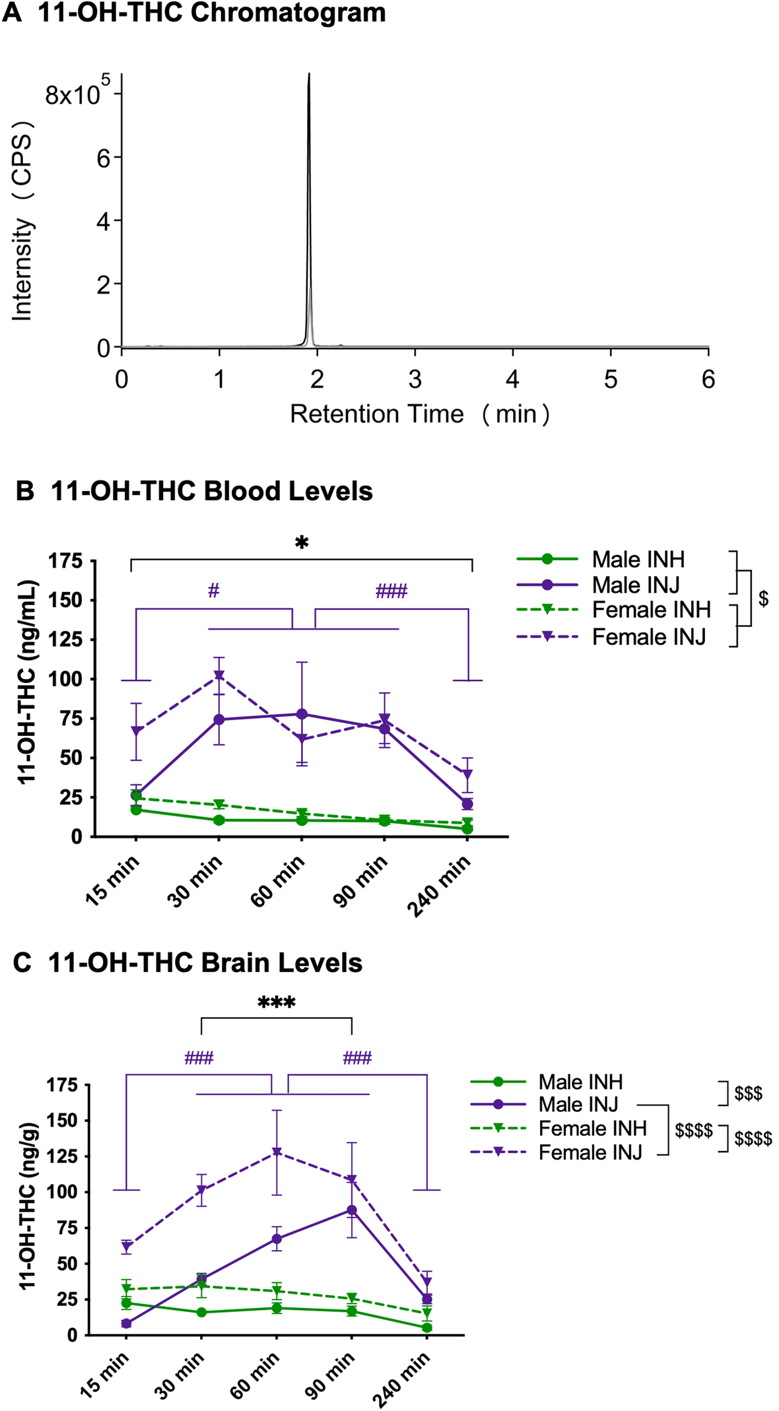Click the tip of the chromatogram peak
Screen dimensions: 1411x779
tap(309, 75)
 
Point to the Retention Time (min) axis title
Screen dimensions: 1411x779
tap(419, 414)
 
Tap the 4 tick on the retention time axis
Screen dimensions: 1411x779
tap(512, 379)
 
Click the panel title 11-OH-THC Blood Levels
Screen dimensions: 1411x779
tap(211, 491)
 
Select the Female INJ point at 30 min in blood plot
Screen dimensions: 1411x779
tap(219, 675)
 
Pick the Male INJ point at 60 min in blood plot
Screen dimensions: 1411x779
tap(302, 714)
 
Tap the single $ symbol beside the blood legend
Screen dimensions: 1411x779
tap(763, 599)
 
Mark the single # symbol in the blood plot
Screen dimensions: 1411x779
tap(213, 591)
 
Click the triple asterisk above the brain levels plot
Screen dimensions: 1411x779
tap(276, 1004)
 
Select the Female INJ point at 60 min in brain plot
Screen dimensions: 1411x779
tap(277, 1152)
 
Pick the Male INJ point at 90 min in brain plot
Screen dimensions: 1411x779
tap(352, 1210)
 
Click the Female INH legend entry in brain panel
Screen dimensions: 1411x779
tap(592, 1129)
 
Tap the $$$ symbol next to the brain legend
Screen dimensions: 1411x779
tap(748, 1094)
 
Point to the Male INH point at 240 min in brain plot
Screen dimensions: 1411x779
tap(427, 1327)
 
